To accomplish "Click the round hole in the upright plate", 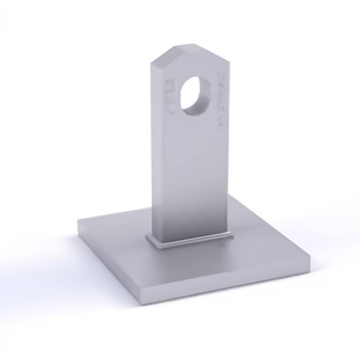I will pyautogui.click(x=194, y=93).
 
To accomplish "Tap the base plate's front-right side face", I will pyautogui.click(x=229, y=289).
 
